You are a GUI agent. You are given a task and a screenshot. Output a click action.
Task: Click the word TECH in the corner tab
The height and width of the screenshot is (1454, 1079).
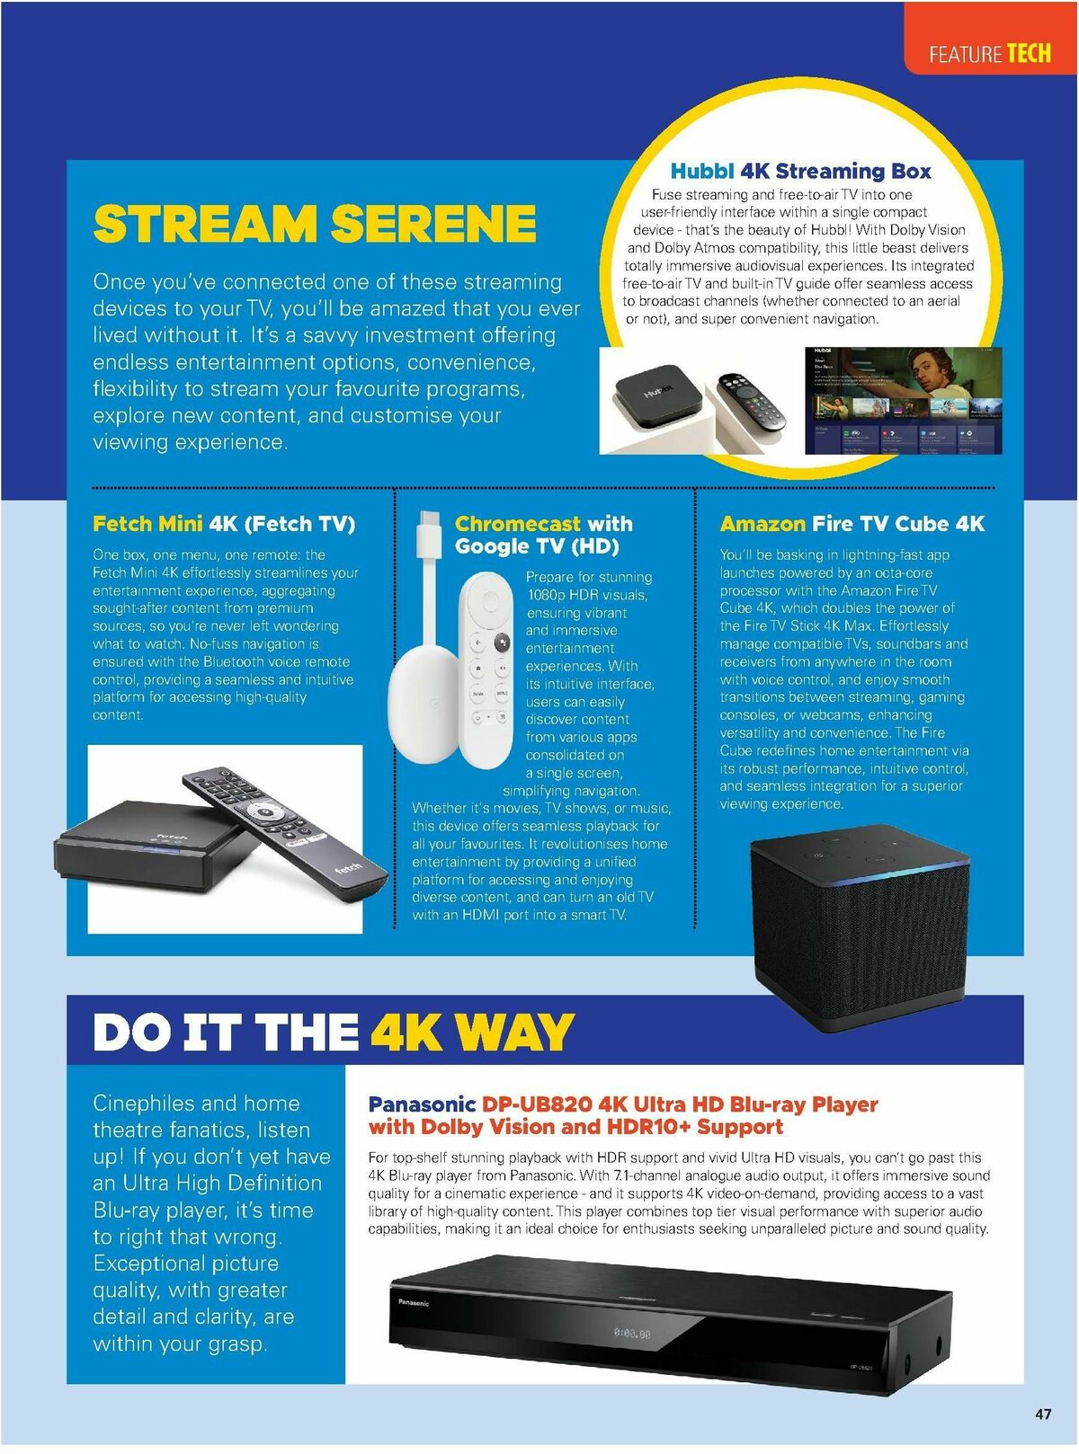[x=1029, y=53]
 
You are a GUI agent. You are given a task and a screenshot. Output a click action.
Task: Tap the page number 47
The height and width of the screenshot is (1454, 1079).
[x=1043, y=1414]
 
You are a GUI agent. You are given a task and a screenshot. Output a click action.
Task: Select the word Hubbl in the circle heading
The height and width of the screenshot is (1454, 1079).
[x=701, y=171]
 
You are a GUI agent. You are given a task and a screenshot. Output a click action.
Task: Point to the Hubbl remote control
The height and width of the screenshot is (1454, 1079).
[x=751, y=401]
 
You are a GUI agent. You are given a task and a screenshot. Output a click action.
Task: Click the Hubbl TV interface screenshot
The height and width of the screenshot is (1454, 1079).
[x=903, y=400]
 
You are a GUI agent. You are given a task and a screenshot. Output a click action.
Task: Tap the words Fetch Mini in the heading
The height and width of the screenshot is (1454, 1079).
[x=147, y=524]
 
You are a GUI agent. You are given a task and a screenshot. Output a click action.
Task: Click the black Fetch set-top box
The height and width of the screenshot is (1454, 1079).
[x=154, y=845]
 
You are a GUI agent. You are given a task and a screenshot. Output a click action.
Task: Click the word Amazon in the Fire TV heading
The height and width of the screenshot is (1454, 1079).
[x=762, y=524]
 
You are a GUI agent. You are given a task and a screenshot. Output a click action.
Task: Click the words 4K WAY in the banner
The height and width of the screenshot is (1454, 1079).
[x=472, y=1032]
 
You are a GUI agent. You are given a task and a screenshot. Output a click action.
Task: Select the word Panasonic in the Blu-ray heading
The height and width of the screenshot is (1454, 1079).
[x=422, y=1104]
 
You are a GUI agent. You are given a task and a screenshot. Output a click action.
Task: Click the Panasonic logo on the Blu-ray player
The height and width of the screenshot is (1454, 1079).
[x=414, y=1302]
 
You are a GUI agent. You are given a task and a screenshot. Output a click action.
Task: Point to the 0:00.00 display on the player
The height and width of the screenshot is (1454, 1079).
[x=632, y=1333]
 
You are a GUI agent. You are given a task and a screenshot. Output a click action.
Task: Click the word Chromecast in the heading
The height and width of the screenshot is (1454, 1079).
[x=518, y=524]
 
